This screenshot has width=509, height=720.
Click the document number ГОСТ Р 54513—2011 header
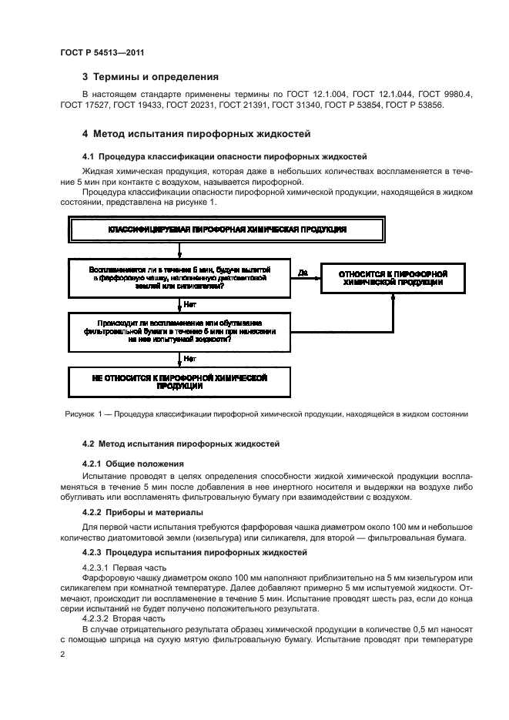102,52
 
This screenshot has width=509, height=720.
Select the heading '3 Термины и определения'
150,77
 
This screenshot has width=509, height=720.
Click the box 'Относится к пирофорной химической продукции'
393,279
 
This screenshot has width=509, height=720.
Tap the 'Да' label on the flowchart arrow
302,273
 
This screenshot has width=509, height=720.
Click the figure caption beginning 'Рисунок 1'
266,414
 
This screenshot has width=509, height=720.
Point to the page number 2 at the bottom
62,654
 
